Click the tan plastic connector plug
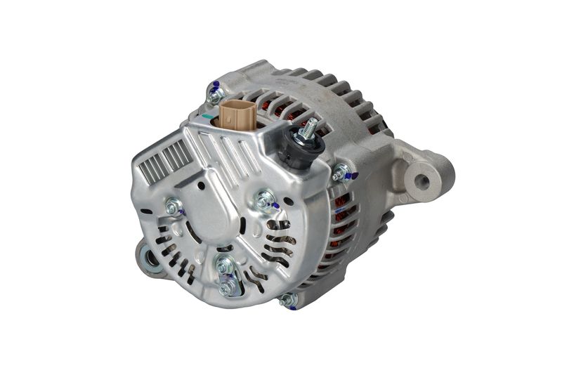point(235,115)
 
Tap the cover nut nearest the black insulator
point(266,202)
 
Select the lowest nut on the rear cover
point(226,287)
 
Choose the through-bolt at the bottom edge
point(287,301)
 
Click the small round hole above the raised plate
point(202,185)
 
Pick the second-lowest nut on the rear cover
point(224,266)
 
